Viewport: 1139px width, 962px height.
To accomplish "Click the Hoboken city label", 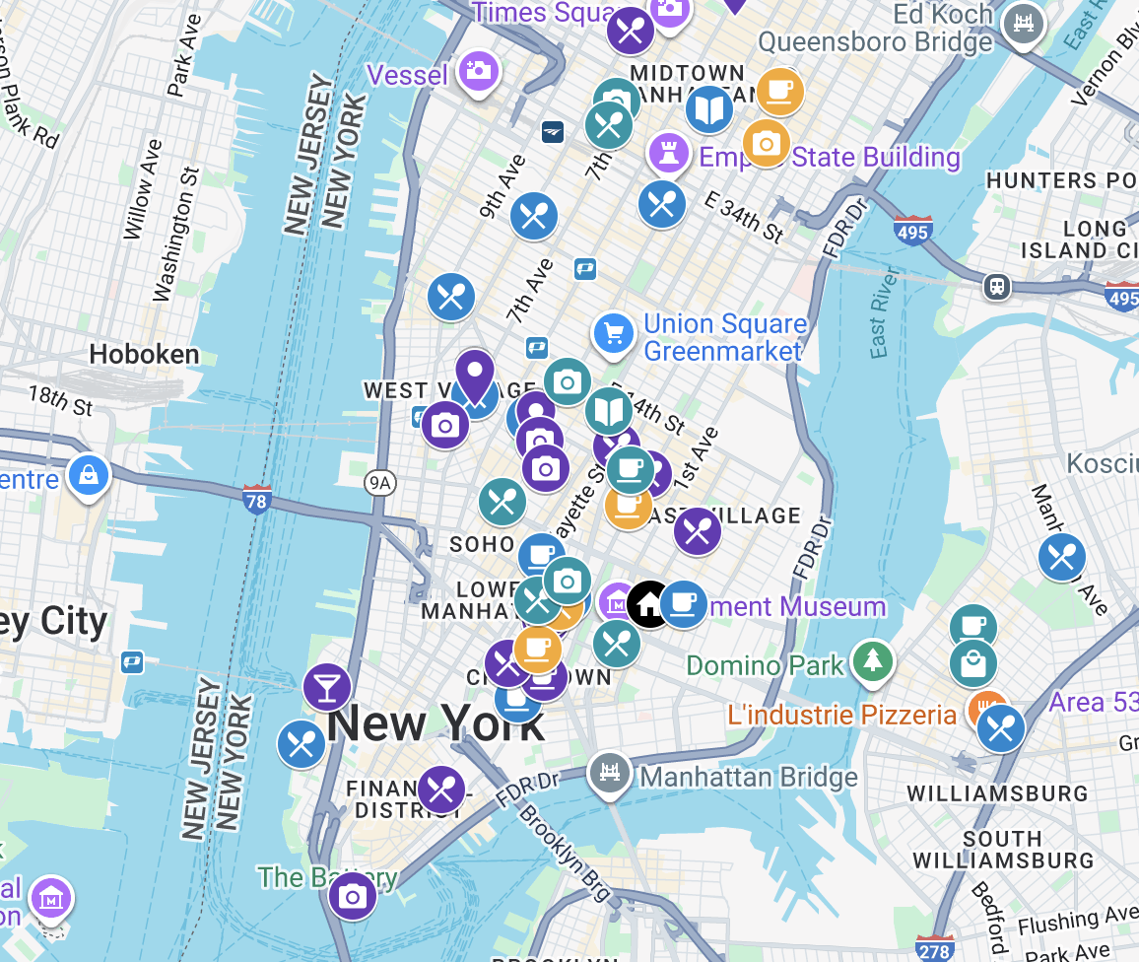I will tap(144, 354).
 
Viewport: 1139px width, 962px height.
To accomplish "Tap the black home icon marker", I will tap(649, 603).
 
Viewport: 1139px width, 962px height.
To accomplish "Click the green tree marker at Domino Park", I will tap(872, 663).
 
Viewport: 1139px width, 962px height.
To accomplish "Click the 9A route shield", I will tap(378, 482).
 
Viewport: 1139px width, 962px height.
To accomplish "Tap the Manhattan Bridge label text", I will tap(749, 778).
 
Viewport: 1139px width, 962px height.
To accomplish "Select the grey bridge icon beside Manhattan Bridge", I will tap(610, 773).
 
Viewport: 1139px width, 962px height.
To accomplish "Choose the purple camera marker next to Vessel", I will tap(478, 70).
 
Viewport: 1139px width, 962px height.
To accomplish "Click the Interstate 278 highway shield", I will tap(933, 948).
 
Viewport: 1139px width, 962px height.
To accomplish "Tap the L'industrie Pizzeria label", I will tap(841, 715).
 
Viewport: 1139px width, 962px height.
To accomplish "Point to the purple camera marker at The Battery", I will tap(352, 896).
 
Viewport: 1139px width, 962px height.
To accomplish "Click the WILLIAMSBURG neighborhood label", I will tap(997, 793).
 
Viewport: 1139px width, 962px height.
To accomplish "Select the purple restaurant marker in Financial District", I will tap(440, 790).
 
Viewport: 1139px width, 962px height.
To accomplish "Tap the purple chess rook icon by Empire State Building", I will tap(669, 153).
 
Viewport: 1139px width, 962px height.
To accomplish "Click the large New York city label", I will tap(435, 724).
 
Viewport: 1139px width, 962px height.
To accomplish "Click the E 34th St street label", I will tap(745, 217).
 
